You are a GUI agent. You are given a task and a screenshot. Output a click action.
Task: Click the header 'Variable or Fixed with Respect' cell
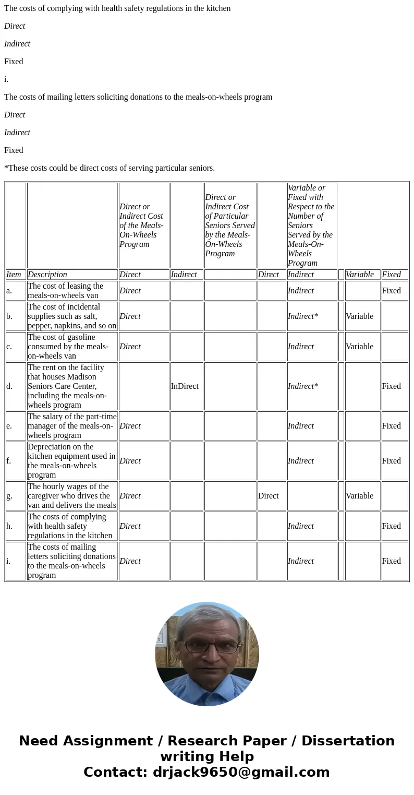tap(311, 226)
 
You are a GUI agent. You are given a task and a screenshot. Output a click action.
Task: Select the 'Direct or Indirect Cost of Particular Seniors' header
tap(230, 226)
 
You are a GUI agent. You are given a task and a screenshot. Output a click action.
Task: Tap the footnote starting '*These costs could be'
tap(109, 168)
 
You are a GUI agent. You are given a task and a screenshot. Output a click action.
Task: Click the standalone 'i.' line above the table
tap(6, 79)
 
